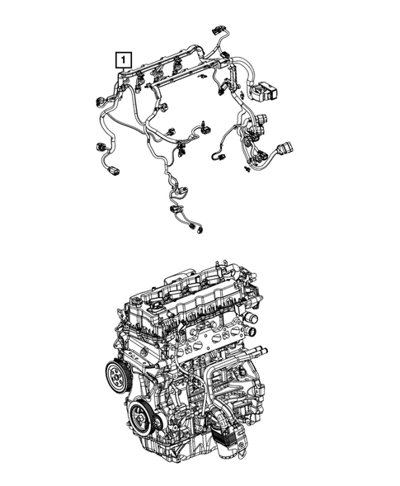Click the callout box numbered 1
122,59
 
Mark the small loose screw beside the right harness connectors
248,169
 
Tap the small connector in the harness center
200,130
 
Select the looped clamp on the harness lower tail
177,195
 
